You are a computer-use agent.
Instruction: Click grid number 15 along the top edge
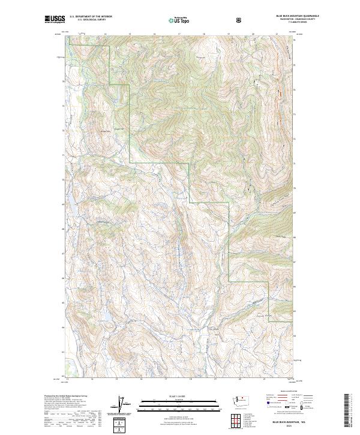(130, 34)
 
